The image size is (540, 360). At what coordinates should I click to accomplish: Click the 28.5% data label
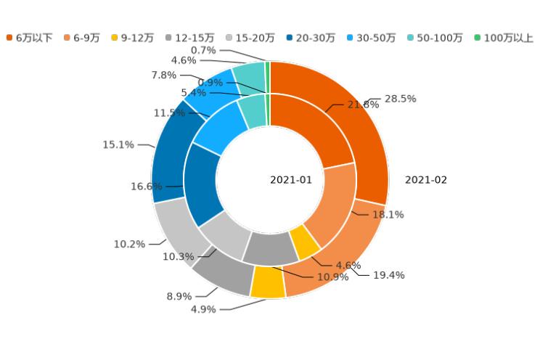click(x=400, y=99)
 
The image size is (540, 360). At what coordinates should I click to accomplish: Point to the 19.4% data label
click(x=388, y=275)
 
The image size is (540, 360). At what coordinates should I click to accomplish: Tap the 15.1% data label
click(x=118, y=145)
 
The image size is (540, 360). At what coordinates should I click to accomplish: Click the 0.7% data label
click(x=203, y=50)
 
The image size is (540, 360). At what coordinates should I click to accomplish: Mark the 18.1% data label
click(x=388, y=215)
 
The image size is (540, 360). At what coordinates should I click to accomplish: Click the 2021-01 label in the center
click(x=291, y=180)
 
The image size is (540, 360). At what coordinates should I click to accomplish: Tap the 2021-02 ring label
click(x=426, y=180)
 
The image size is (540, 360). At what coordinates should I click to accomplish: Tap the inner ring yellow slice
click(x=304, y=242)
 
